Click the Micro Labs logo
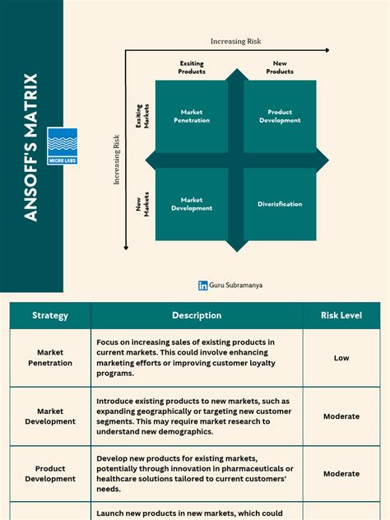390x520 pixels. point(62,146)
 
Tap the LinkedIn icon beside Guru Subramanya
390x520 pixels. point(202,286)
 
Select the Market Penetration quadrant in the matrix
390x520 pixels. point(194,116)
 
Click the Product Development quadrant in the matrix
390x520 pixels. point(280,116)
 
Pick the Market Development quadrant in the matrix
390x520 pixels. point(192,204)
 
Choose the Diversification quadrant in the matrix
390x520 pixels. point(280,204)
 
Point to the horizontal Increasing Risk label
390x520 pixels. point(235,41)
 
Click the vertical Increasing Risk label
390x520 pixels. point(117,161)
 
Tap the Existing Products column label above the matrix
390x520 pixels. point(192,67)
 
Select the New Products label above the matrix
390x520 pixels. point(280,67)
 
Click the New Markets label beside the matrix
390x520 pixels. point(141,204)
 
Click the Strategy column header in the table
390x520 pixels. point(50,315)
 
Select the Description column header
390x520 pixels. point(197,315)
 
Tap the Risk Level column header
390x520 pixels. point(341,315)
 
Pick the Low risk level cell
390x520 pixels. point(341,358)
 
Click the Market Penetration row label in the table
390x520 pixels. point(50,358)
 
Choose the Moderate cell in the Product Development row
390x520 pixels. point(341,474)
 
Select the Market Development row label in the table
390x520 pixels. point(50,416)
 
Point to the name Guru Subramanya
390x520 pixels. point(236,286)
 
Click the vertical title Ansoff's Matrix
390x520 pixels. point(31,146)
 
